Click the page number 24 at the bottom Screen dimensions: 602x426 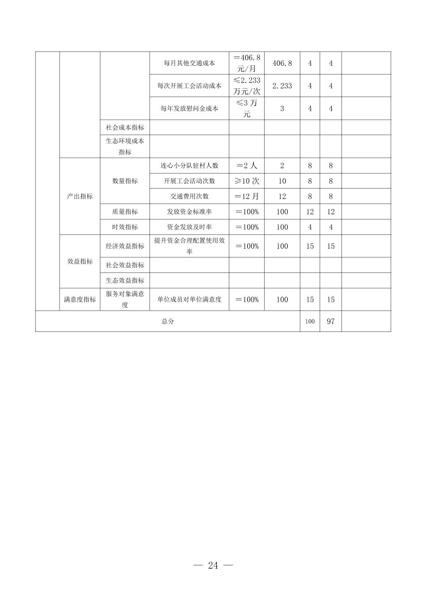click(213, 566)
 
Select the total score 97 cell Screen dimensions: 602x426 click(330, 321)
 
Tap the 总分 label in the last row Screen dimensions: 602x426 click(167, 321)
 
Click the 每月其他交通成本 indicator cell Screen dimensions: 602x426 click(189, 63)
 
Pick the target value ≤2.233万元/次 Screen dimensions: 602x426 click(247, 86)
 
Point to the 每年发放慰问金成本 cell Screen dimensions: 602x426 click(189, 109)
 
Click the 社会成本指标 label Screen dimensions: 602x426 click(125, 128)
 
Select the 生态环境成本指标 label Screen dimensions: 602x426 click(125, 146)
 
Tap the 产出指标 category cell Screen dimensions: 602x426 click(80, 196)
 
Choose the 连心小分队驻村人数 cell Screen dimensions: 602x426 click(189, 166)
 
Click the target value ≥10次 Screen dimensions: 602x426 click(247, 181)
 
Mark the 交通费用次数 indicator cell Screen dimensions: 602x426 click(189, 196)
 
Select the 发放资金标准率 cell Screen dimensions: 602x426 click(189, 212)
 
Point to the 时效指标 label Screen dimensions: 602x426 click(125, 227)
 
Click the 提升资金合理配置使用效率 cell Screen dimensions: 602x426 click(189, 246)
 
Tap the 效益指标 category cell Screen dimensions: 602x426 click(80, 261)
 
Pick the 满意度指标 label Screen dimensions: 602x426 click(80, 299)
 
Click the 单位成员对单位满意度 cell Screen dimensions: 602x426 click(189, 299)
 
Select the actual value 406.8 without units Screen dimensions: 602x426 click(282, 63)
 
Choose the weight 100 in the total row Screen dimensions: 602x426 click(310, 321)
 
